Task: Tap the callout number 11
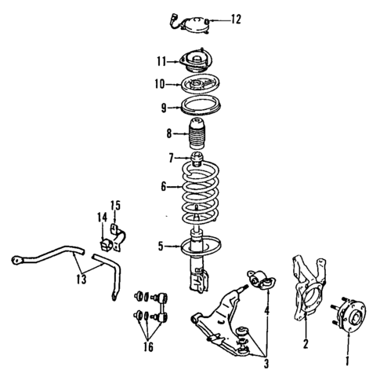pos(160,61)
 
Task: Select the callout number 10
pos(160,83)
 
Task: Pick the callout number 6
pos(162,186)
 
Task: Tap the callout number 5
pos(160,247)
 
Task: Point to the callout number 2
pos(306,343)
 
